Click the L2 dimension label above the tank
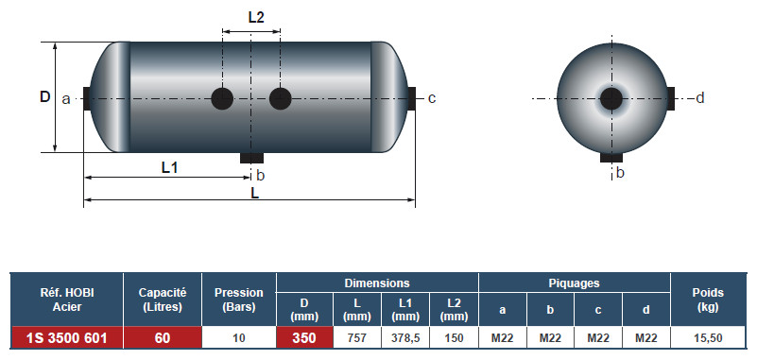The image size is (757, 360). (x=256, y=18)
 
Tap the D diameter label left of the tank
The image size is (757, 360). (x=45, y=97)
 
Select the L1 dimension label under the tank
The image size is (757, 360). (x=170, y=168)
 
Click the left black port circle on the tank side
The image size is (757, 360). (x=222, y=99)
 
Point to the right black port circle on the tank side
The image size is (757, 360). (x=280, y=99)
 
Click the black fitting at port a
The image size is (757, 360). (x=87, y=98)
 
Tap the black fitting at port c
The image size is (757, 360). (x=412, y=98)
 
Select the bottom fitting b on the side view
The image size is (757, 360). (x=251, y=158)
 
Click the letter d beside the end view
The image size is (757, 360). (x=700, y=98)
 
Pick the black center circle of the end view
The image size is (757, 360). (x=611, y=99)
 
